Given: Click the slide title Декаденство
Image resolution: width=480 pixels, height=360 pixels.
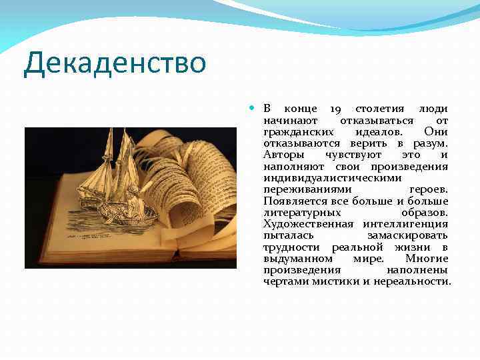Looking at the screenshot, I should click(114, 64).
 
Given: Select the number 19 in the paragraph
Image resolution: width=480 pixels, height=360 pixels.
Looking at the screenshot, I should click(336, 109).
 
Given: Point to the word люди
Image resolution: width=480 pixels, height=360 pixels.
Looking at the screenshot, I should click(433, 109).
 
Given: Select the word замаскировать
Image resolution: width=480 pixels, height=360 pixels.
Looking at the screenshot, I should click(407, 235).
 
